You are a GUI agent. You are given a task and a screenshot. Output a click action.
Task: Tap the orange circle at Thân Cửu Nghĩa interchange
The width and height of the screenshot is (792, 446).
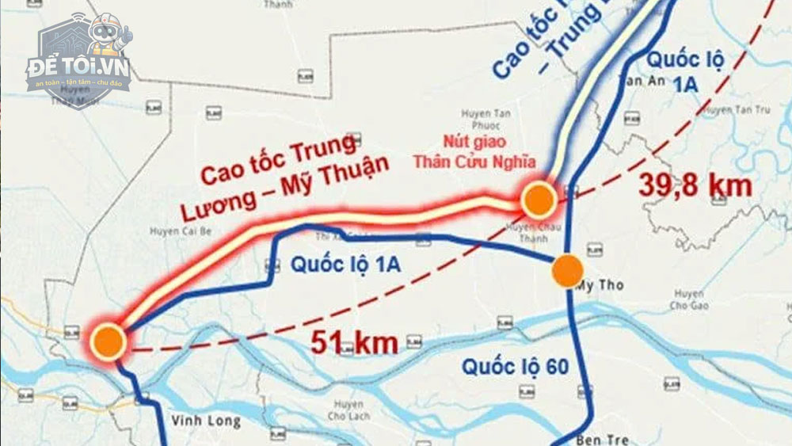[539, 200]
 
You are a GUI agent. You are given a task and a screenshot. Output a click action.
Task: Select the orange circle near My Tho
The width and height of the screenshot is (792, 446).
[567, 271]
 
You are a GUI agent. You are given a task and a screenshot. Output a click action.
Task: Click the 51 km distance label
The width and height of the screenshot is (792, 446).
[353, 343]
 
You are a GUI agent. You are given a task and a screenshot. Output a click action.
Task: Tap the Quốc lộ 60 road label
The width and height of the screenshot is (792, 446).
[516, 367]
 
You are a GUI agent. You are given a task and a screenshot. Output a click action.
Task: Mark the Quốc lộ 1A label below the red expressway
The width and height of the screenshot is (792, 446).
[345, 265]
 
